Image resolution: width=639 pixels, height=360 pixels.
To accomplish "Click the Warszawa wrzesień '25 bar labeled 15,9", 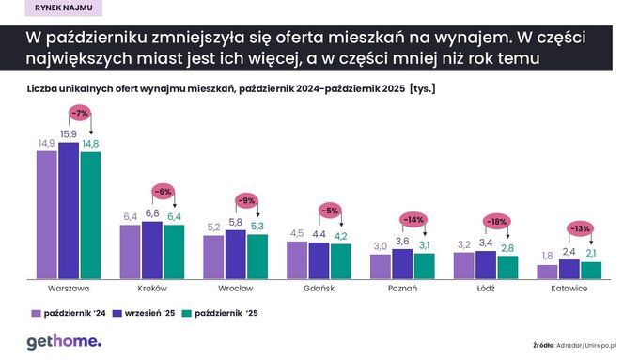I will (69, 211).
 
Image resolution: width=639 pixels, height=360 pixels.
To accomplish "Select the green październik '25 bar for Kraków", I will (174, 251).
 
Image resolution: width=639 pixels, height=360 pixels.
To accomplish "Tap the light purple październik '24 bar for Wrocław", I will (213, 256).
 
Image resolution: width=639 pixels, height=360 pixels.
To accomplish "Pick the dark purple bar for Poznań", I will (402, 263).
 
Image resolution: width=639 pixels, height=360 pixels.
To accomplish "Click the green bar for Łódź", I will (507, 267).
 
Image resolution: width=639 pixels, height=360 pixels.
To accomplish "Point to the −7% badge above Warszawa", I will (80, 115).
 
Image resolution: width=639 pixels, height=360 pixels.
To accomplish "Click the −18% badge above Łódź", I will (497, 222).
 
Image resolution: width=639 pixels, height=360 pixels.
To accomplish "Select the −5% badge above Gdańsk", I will (330, 210).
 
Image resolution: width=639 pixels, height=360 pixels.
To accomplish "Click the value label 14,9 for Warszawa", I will (46, 143).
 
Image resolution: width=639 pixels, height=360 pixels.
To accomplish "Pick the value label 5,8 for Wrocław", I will (235, 221).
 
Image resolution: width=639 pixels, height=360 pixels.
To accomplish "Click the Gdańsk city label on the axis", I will (319, 290).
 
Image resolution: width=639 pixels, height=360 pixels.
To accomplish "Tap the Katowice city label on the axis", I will (569, 290).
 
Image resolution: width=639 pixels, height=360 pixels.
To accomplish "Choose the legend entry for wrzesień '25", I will (136, 313).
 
